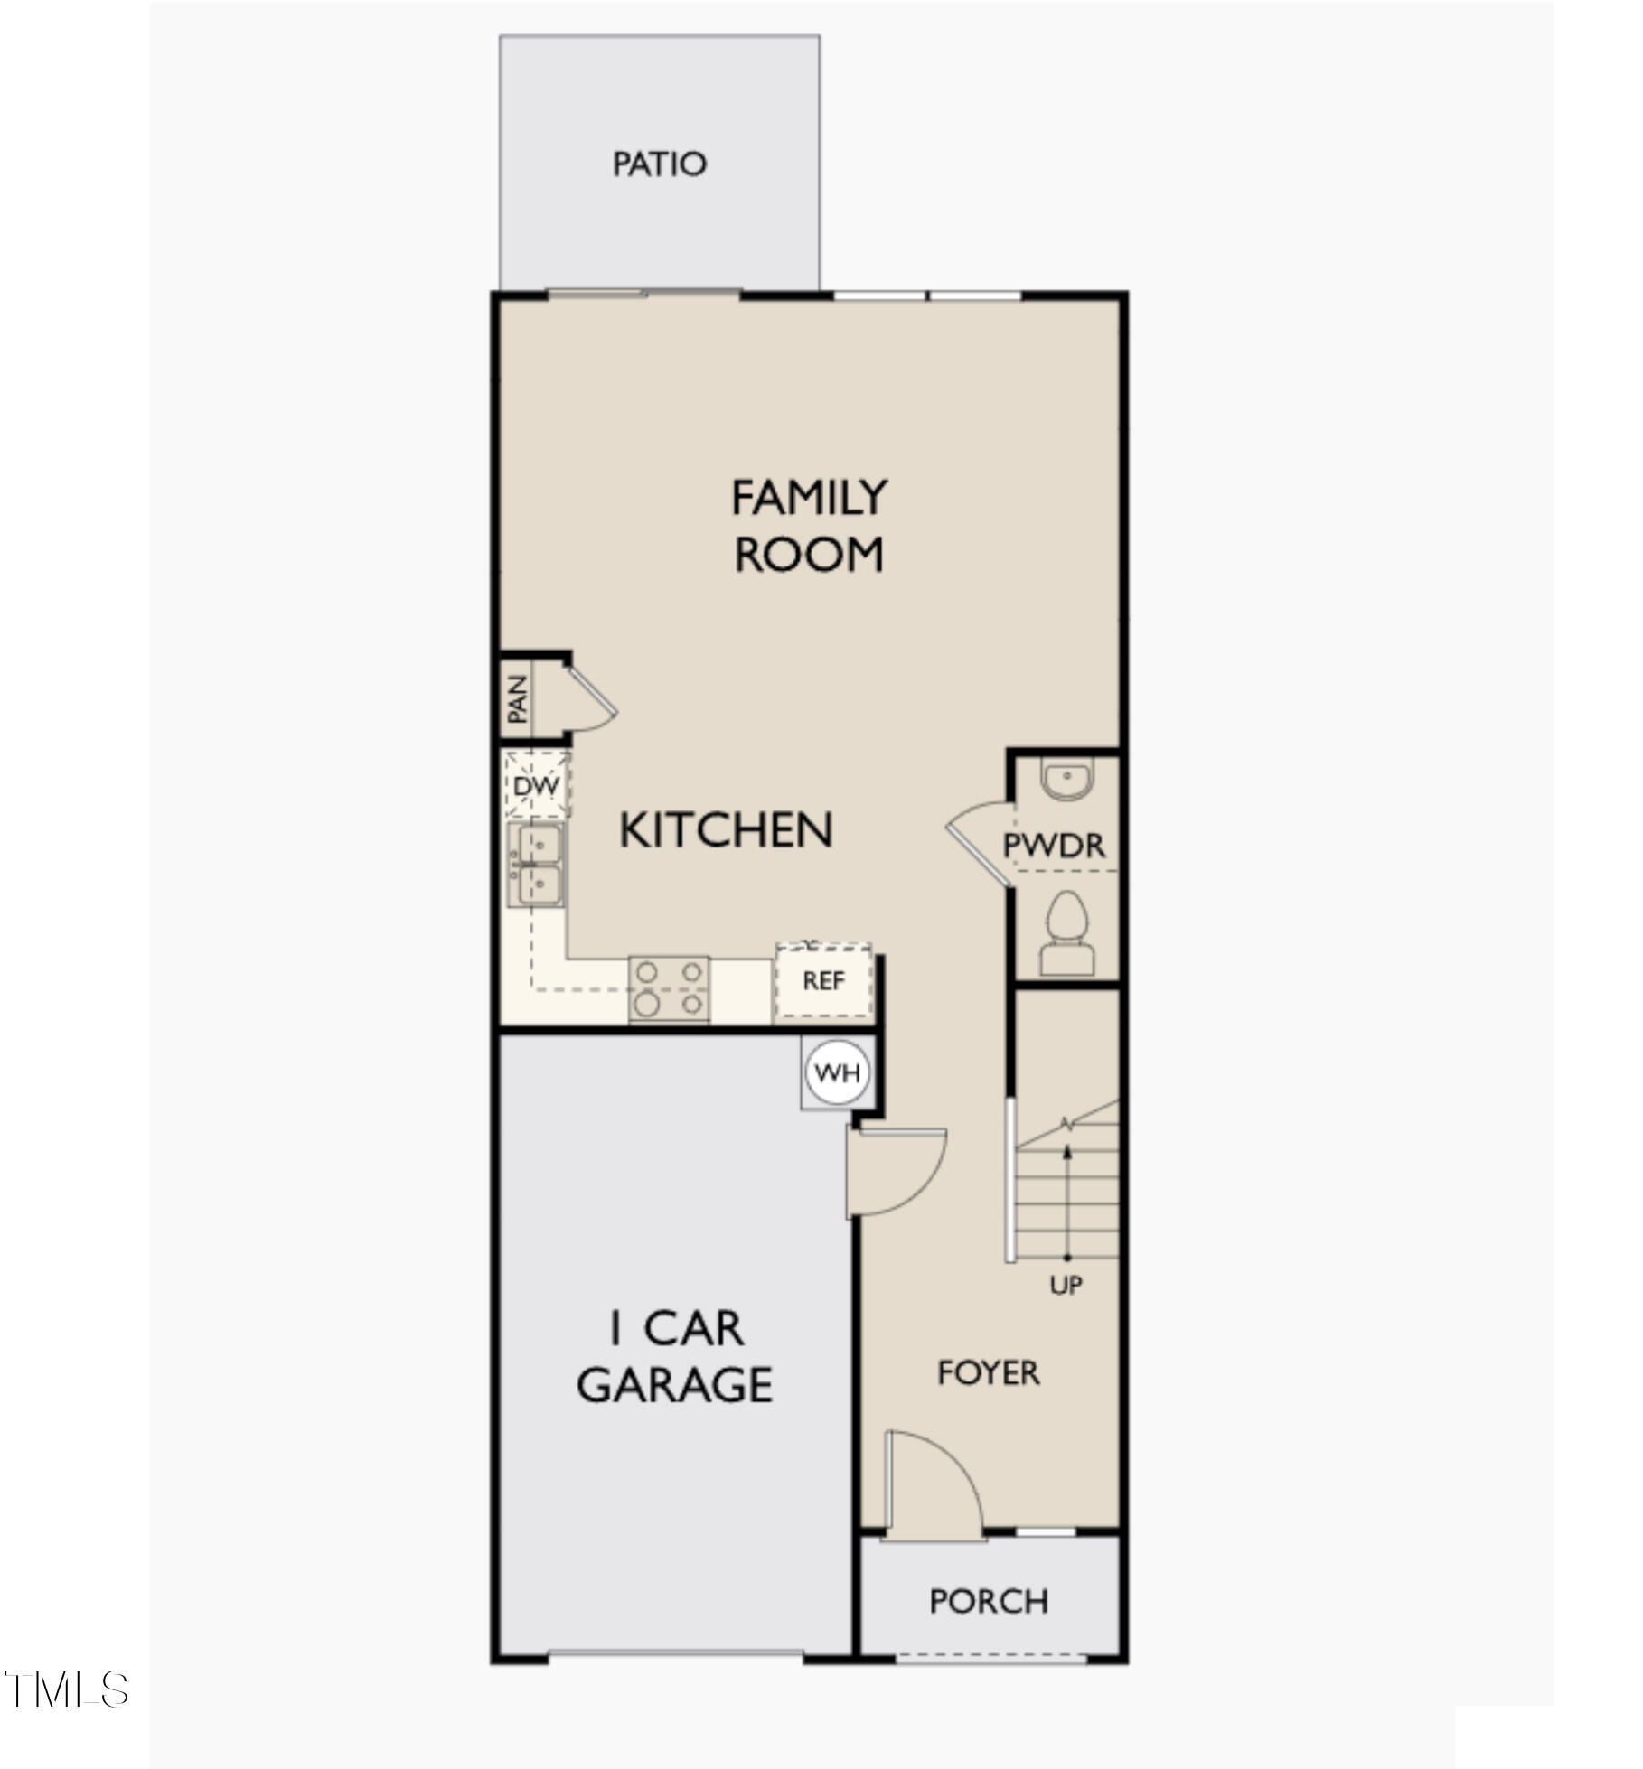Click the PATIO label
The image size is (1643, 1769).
click(659, 164)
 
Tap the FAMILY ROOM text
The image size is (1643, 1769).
click(809, 526)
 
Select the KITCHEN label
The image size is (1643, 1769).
click(726, 830)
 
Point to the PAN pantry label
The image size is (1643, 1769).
click(517, 699)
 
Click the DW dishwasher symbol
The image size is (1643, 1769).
click(536, 785)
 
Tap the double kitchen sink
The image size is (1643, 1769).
click(536, 865)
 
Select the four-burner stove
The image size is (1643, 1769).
click(669, 987)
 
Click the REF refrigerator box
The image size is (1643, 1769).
click(823, 981)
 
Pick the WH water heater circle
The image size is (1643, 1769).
click(837, 1073)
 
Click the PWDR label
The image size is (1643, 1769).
click(1054, 846)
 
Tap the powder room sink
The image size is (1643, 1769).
click(1067, 778)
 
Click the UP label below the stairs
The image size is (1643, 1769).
click(1066, 1285)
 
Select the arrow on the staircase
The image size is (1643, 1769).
click(1067, 1202)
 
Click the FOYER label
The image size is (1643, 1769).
click(988, 1373)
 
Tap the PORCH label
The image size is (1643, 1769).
click(989, 1602)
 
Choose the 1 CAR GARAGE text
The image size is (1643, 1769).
click(675, 1357)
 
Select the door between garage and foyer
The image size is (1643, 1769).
click(895, 1172)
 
